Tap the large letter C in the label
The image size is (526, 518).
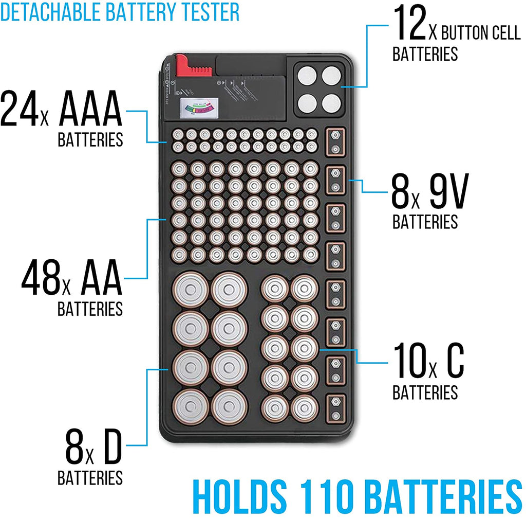pyautogui.click(x=454, y=362)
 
